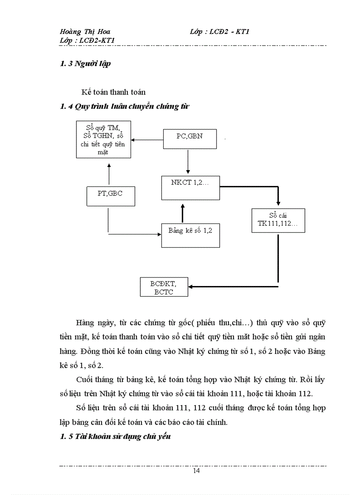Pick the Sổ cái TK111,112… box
(278, 221)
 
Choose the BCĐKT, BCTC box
(164, 287)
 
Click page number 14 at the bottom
(196, 471)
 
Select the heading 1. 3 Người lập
(85, 63)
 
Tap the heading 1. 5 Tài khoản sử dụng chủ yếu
(115, 436)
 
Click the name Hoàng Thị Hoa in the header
(85, 32)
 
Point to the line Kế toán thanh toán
(113, 92)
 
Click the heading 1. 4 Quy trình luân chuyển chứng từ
(125, 106)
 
